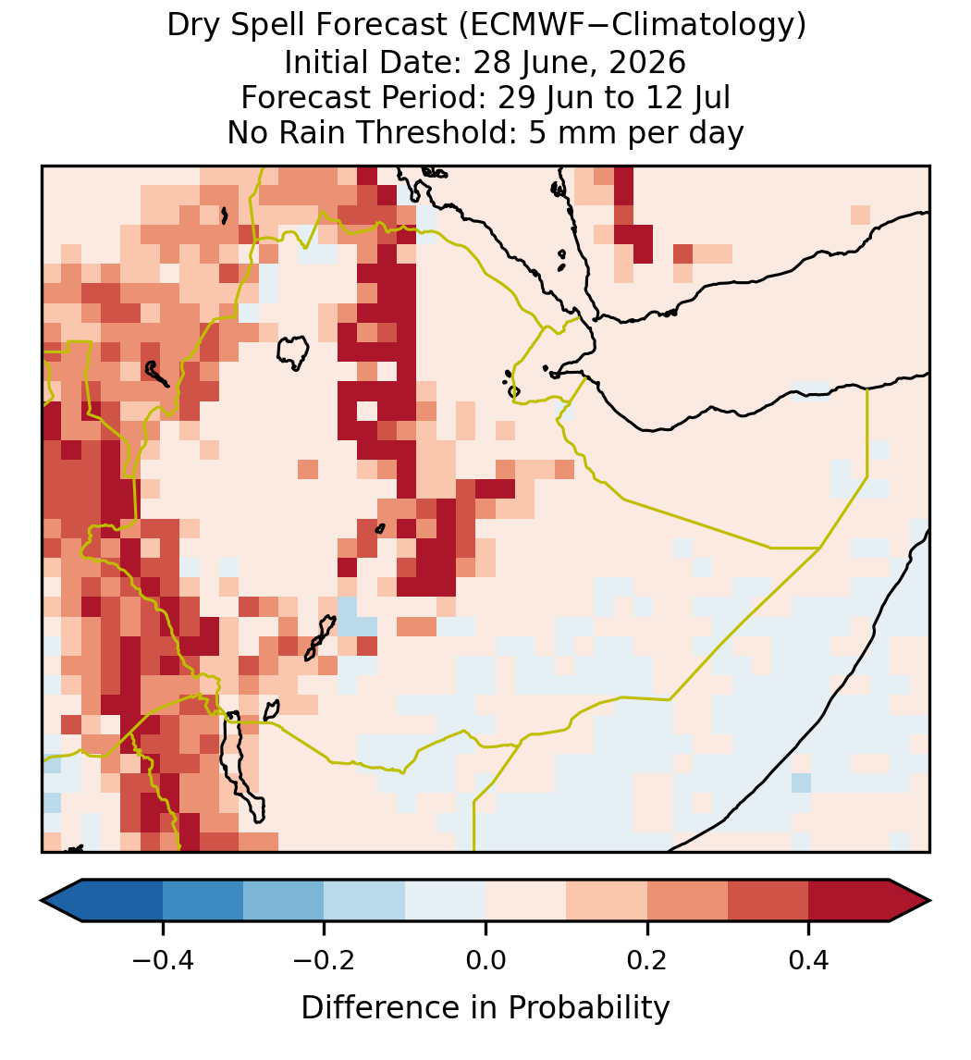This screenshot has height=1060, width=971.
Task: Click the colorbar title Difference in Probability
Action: pyautogui.click(x=485, y=1008)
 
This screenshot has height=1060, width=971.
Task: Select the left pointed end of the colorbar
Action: pyautogui.click(x=42, y=901)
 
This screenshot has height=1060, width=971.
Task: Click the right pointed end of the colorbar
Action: pyautogui.click(x=930, y=901)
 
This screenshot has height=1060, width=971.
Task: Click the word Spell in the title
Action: pyautogui.click(x=267, y=27)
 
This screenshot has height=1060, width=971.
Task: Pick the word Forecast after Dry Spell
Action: pyautogui.click(x=381, y=26)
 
